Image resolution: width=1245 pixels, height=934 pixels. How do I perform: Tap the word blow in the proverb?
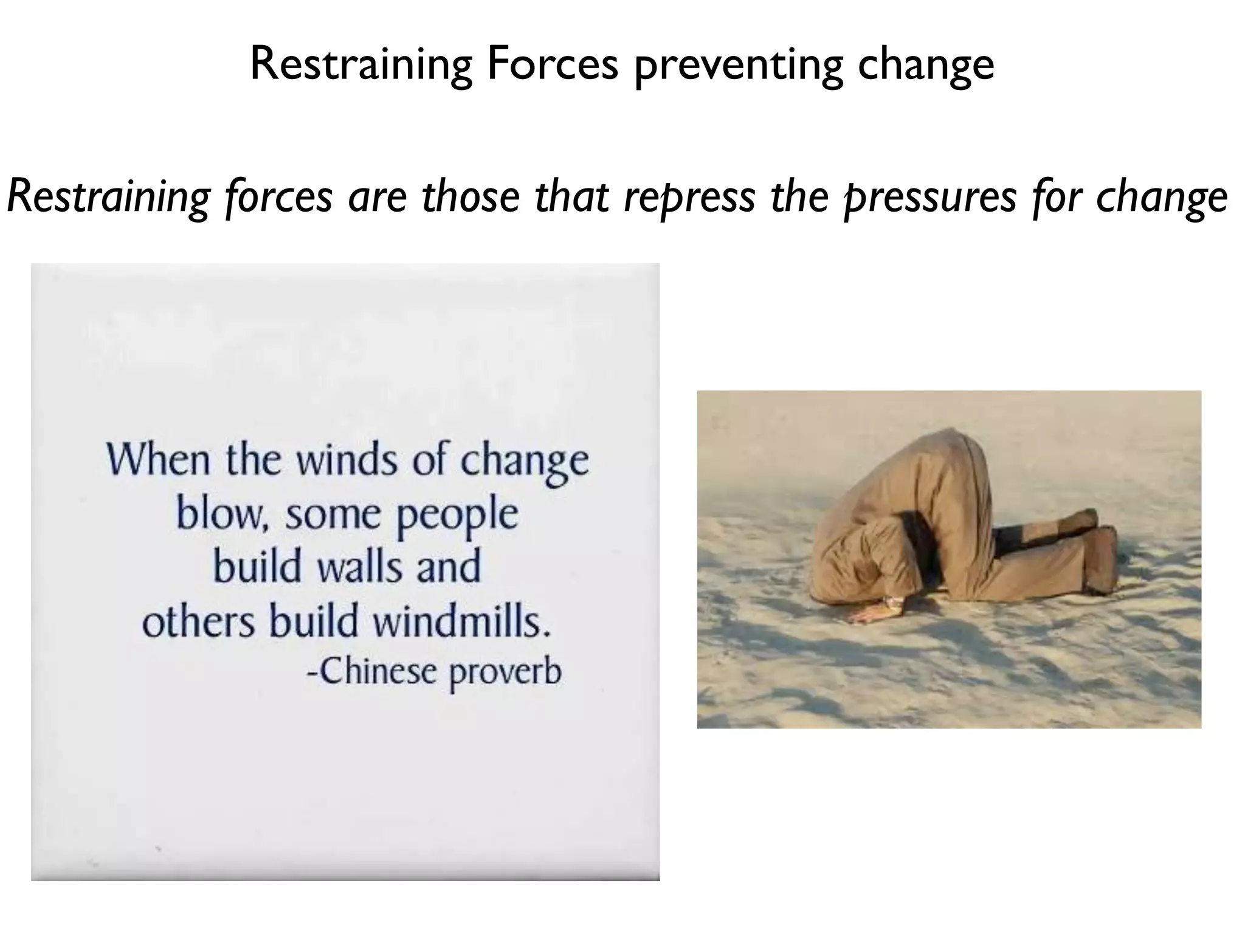(x=218, y=514)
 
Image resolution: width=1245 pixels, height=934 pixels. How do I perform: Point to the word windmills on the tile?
(x=461, y=621)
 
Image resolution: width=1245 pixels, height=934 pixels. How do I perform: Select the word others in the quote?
(x=198, y=621)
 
